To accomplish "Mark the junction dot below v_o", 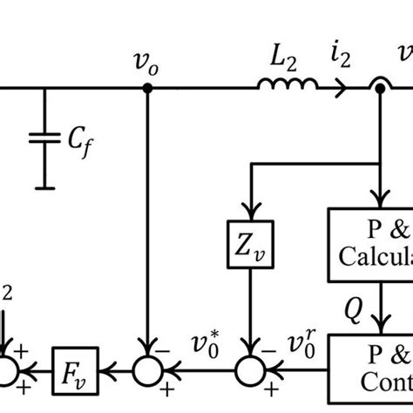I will click(147, 88).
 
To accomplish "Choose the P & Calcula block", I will click(369, 245).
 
